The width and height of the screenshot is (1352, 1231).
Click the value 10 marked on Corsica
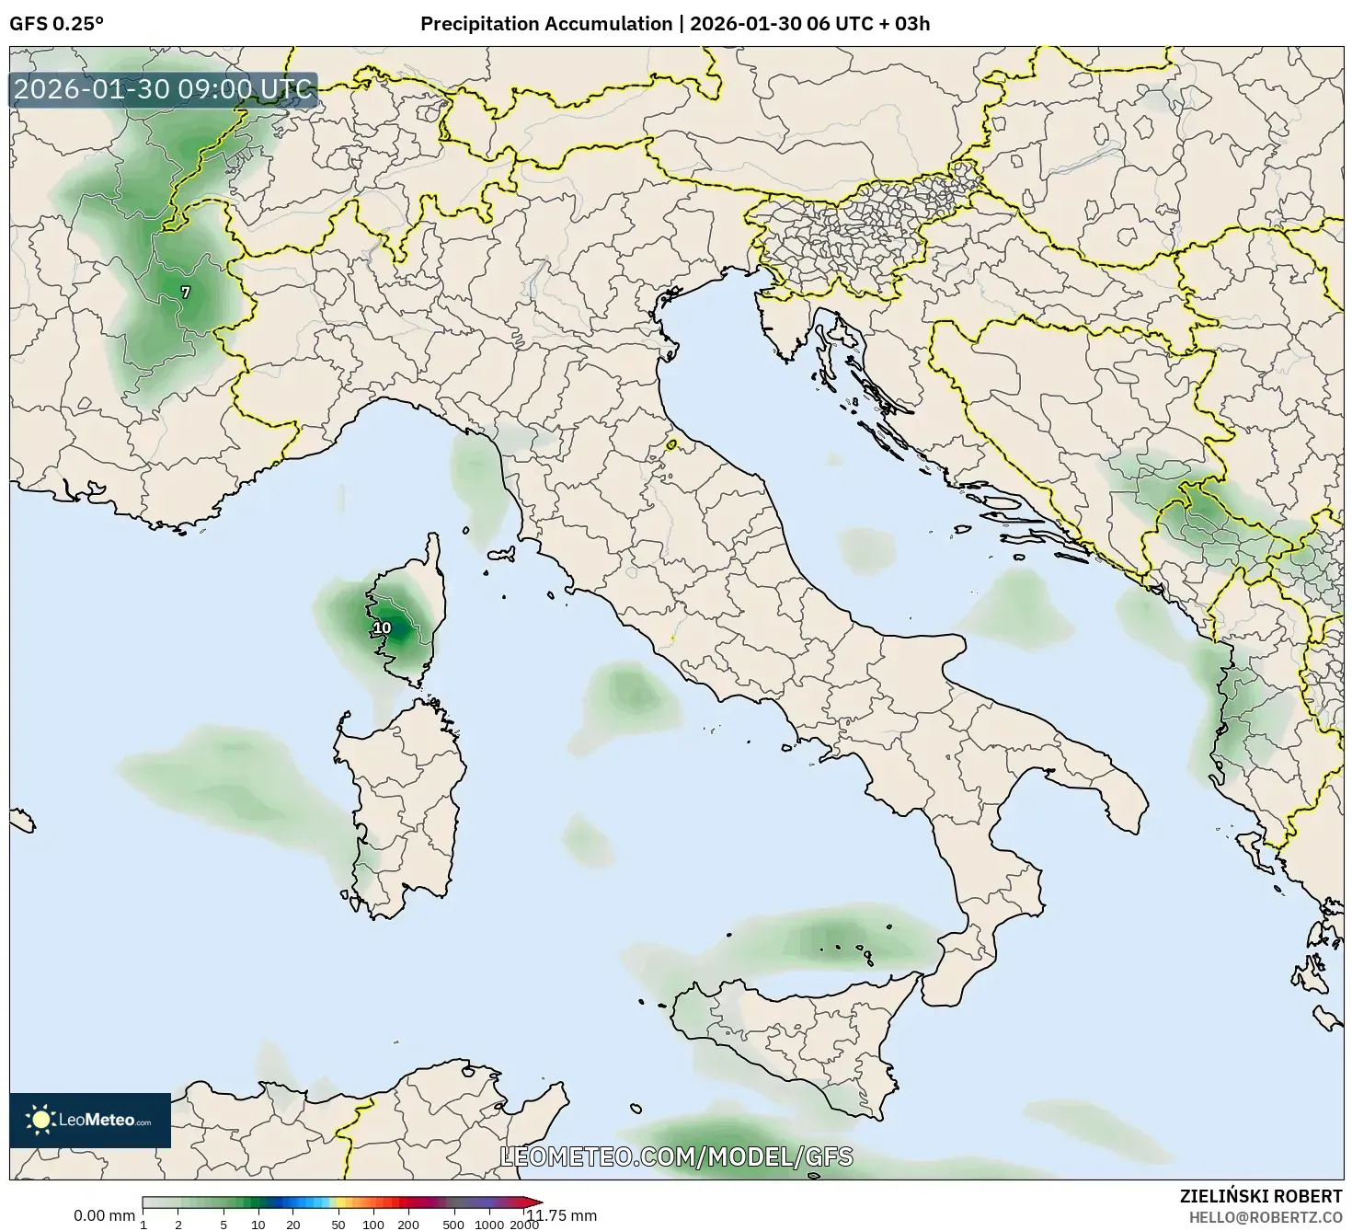pyautogui.click(x=382, y=628)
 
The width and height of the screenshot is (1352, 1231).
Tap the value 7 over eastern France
pyautogui.click(x=186, y=293)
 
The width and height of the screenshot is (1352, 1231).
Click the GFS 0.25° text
pyautogui.click(x=56, y=24)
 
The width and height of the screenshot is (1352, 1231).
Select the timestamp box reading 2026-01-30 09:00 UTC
pyautogui.click(x=164, y=90)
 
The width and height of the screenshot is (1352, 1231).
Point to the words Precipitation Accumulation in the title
pyautogui.click(x=546, y=24)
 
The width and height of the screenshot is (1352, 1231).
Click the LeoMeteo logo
pyautogui.click(x=90, y=1120)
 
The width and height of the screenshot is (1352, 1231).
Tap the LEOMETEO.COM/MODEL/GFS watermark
pyautogui.click(x=676, y=1156)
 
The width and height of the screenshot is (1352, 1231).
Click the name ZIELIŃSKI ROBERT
pyautogui.click(x=1261, y=1196)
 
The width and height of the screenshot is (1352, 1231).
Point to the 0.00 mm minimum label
pyautogui.click(x=104, y=1215)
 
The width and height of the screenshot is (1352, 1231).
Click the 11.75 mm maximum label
pyautogui.click(x=562, y=1215)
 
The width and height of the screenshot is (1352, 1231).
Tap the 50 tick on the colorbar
pyautogui.click(x=338, y=1225)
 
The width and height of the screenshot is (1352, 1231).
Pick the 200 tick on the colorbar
pyautogui.click(x=407, y=1225)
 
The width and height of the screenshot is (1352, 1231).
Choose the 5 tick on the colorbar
pyautogui.click(x=223, y=1225)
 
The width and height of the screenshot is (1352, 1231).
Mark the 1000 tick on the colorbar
pyautogui.click(x=489, y=1225)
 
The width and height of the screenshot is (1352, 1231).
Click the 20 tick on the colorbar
pyautogui.click(x=293, y=1225)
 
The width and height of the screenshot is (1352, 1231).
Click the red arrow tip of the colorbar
pyautogui.click(x=535, y=1202)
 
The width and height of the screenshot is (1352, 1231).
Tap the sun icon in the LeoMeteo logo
pyautogui.click(x=40, y=1120)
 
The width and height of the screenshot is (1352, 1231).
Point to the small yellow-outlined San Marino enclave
pyautogui.click(x=671, y=445)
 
